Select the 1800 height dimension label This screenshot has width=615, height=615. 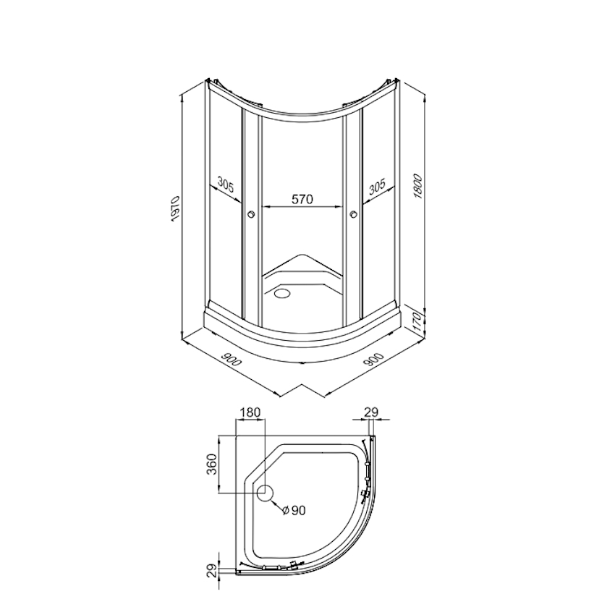coord(417,186)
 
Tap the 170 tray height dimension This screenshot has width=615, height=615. coord(417,322)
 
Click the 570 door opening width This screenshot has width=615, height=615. coord(302,199)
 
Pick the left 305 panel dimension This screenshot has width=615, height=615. coord(226,185)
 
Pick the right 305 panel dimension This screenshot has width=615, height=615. coord(377,187)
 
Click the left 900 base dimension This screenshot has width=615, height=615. coord(231,360)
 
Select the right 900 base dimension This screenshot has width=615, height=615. coord(373,360)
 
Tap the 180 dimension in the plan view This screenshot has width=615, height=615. coord(250,412)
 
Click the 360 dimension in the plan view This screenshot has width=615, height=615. coord(211,465)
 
